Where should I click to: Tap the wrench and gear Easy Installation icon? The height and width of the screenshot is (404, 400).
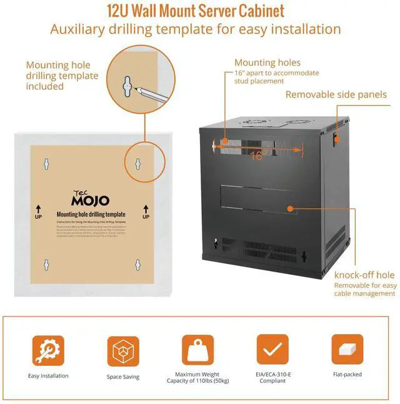[x=48, y=350]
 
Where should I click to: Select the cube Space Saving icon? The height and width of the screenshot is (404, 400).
[x=122, y=350]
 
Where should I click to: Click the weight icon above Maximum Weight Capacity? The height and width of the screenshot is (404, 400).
[x=197, y=350]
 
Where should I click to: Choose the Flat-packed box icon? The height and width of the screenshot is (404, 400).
[x=347, y=350]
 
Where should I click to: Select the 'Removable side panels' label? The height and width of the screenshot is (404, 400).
[x=336, y=95]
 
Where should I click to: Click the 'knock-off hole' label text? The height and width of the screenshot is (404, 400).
[x=364, y=275]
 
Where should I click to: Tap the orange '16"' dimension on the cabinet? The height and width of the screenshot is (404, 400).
[x=256, y=156]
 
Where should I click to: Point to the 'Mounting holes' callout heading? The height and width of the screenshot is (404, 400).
[x=267, y=62]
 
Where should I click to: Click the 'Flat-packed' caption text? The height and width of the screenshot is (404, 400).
[x=347, y=375]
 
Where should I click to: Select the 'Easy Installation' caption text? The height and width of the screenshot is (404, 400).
[x=48, y=376]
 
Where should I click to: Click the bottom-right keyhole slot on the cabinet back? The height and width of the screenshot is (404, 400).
[x=304, y=256]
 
